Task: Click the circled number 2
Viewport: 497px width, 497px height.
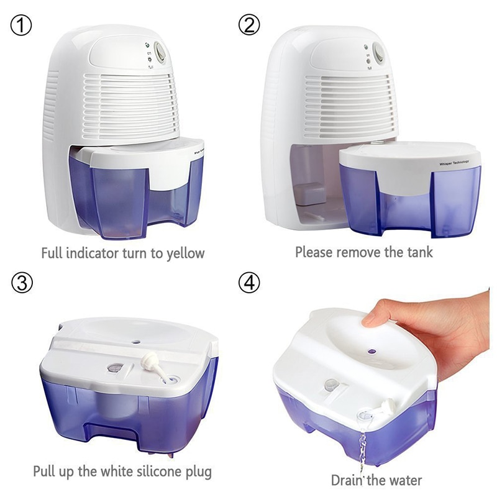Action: (249, 26)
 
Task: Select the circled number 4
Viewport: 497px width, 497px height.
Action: (249, 282)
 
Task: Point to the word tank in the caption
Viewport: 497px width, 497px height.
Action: (419, 252)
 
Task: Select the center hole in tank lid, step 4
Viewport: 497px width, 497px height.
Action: (371, 350)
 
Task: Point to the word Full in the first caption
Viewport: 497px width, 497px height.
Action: (52, 253)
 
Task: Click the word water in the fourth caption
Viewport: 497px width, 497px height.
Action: (407, 480)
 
